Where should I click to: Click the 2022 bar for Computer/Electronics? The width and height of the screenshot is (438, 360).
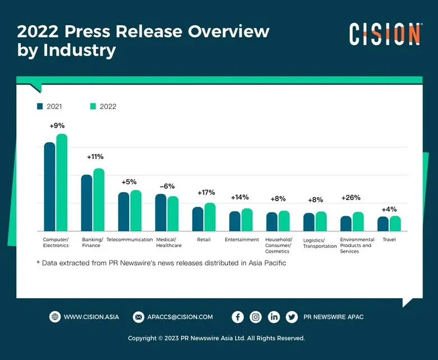pyautogui.click(x=62, y=183)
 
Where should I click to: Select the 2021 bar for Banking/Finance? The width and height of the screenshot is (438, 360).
pyautogui.click(x=86, y=203)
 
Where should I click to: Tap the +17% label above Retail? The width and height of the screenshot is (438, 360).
pyautogui.click(x=206, y=193)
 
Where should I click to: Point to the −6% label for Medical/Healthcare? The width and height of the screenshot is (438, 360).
pyautogui.click(x=167, y=186)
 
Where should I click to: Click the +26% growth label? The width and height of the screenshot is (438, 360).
pyautogui.click(x=350, y=198)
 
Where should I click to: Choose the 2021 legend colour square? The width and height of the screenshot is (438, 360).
pyautogui.click(x=40, y=106)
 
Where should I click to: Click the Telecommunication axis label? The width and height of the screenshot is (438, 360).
pyautogui.click(x=130, y=240)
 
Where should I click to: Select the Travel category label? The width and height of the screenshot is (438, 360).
pyautogui.click(x=389, y=240)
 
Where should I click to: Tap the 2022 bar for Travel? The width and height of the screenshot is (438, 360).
pyautogui.click(x=395, y=224)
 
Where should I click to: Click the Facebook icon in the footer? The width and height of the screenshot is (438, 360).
pyautogui.click(x=238, y=317)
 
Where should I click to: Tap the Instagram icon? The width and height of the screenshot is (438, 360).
pyautogui.click(x=255, y=317)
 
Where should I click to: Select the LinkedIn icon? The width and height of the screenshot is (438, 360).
pyautogui.click(x=273, y=317)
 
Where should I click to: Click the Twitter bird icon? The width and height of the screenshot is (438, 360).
pyautogui.click(x=291, y=317)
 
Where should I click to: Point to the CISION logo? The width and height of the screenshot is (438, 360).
pyautogui.click(x=385, y=34)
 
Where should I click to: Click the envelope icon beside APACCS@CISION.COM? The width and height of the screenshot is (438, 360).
pyautogui.click(x=138, y=317)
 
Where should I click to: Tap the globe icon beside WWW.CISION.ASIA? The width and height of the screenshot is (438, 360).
pyautogui.click(x=54, y=317)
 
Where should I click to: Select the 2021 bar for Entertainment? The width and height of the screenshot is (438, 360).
pyautogui.click(x=235, y=221)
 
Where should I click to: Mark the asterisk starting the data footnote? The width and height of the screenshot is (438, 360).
pyautogui.click(x=38, y=262)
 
